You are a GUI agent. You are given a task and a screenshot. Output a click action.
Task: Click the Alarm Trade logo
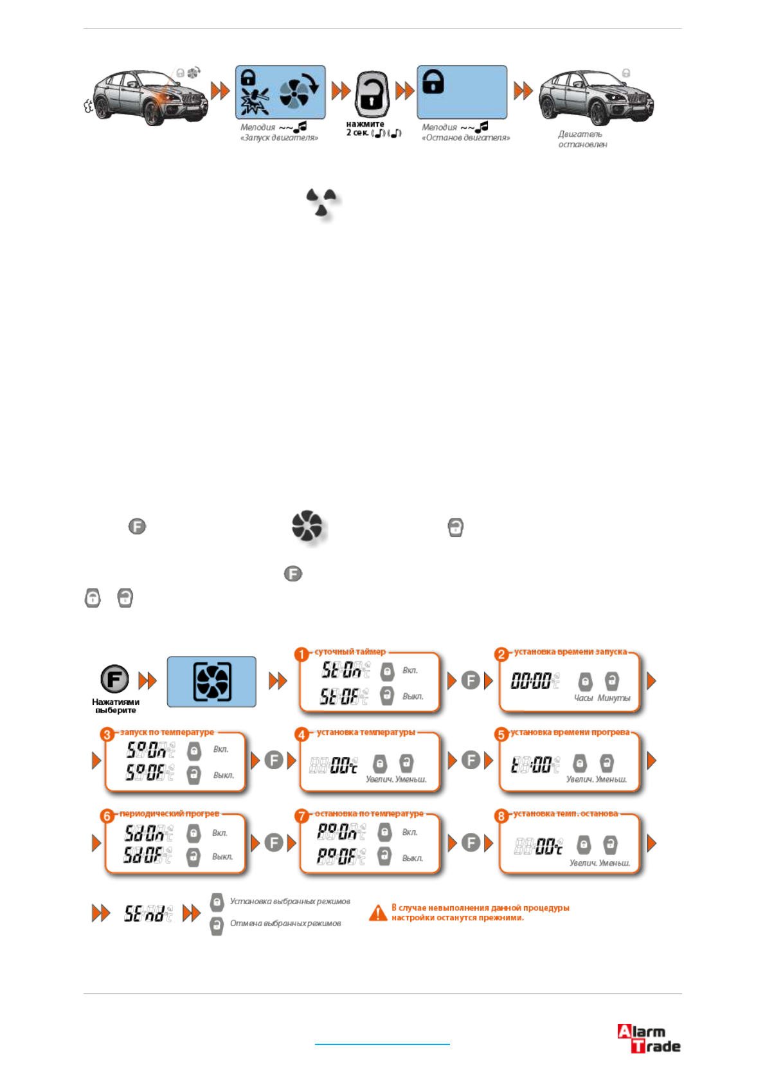coord(649,1038)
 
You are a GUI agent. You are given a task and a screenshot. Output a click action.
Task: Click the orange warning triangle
coord(378,913)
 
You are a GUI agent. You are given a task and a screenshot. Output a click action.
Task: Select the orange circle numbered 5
coord(501,734)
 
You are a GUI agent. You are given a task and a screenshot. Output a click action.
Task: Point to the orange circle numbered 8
coord(501,816)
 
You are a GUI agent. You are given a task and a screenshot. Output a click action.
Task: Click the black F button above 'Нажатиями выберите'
coord(114,679)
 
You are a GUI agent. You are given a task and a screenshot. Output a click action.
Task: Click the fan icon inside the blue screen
coord(212,682)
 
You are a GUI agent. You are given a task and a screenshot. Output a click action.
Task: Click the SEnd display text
coord(148,913)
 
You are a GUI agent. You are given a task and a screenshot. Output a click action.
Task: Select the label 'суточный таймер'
coord(350,651)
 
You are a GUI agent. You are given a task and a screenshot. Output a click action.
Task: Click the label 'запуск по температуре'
coord(167,732)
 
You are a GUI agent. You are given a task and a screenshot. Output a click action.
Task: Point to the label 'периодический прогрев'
coord(169,814)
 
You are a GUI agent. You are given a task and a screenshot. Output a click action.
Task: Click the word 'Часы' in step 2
coord(583,698)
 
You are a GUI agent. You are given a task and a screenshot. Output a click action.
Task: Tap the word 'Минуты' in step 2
coord(614,698)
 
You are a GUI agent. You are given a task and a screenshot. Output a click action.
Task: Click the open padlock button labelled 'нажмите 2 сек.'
coord(372,93)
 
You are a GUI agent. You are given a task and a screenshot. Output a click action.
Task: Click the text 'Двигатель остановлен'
coord(582,139)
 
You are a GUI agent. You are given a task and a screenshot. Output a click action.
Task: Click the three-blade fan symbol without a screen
coord(321,202)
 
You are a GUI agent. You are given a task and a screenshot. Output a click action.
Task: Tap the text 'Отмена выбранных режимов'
coord(285,924)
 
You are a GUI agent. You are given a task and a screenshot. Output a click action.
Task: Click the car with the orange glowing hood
coord(149,98)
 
